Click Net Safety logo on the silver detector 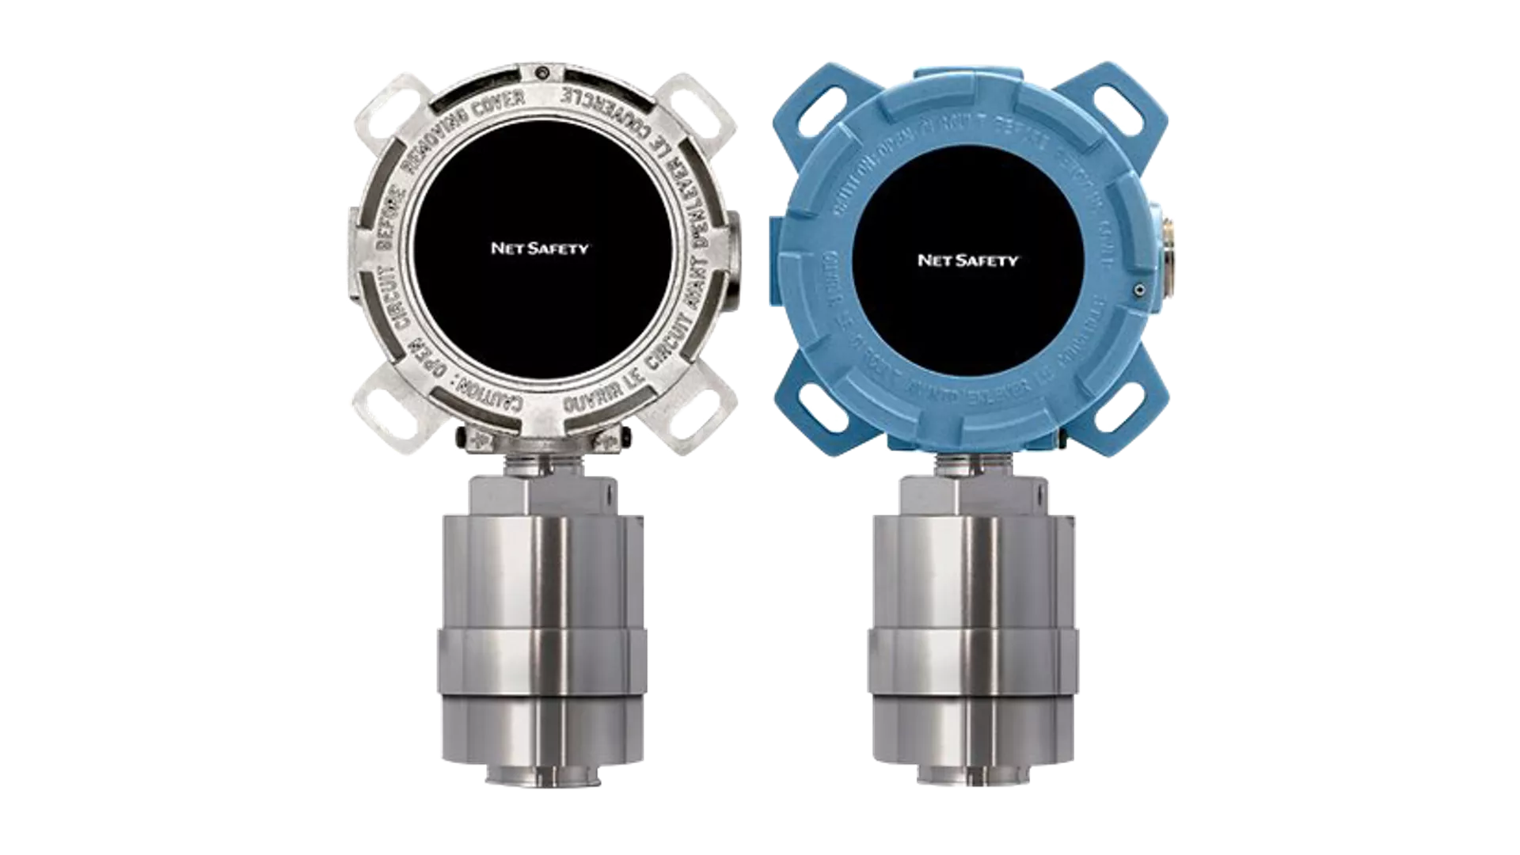tap(539, 249)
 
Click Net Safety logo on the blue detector tap(967, 260)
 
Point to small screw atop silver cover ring tap(541, 73)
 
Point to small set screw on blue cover tap(1138, 289)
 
